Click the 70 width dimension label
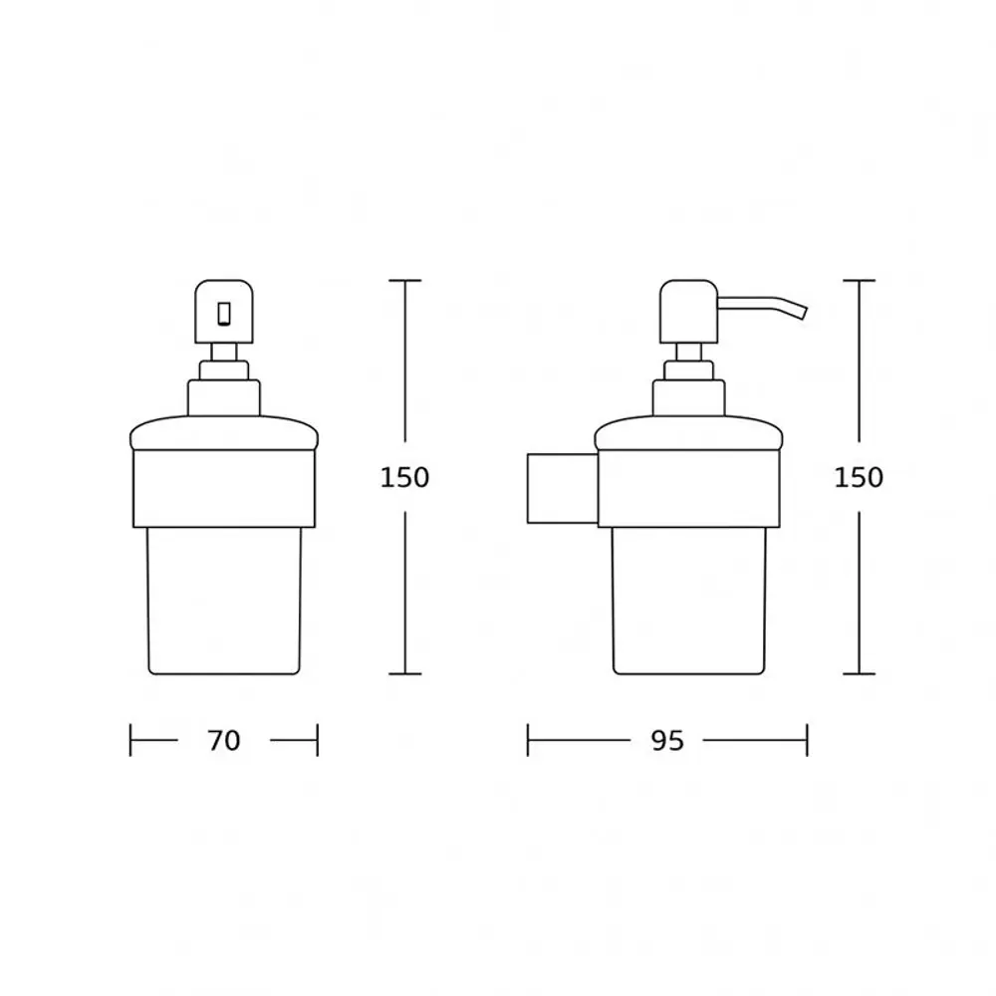[223, 741]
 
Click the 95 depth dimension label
[667, 741]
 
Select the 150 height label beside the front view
[404, 478]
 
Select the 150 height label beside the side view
[859, 478]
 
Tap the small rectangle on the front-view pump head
[224, 314]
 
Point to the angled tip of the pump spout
[803, 312]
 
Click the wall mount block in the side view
[563, 488]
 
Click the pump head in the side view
[688, 311]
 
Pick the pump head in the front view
[224, 311]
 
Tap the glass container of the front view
[223, 601]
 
